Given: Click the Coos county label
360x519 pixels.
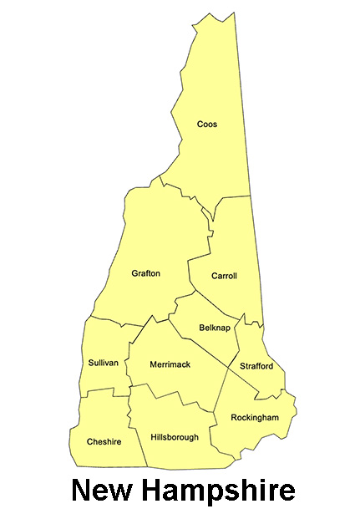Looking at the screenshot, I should pos(206,125).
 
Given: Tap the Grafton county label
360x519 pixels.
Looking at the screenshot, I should pos(145,273).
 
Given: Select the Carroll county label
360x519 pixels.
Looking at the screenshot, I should pos(224,276).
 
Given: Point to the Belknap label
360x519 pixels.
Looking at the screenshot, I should pos(215,328).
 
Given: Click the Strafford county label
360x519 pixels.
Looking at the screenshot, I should pos(256,366).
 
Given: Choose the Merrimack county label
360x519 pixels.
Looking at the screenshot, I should pos(170,364).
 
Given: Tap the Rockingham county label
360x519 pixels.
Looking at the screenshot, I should pos(254,417).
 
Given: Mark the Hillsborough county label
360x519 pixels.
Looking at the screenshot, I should pos(175,437).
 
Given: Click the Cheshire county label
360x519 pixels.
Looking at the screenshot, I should pos(104,441).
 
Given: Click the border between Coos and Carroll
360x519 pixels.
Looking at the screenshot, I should pos(234,198).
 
